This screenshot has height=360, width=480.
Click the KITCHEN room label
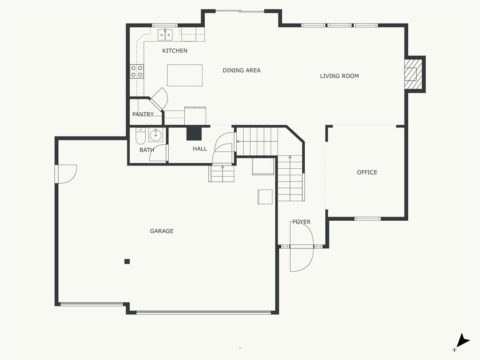tap(174, 51)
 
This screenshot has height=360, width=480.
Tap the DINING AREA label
tap(241, 70)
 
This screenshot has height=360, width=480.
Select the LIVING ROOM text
tap(339, 76)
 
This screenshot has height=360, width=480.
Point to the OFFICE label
tap(367, 172)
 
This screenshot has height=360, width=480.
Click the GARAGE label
tap(162, 231)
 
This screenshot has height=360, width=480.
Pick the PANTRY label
tap(143, 114)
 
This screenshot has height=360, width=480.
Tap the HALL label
tap(200, 149)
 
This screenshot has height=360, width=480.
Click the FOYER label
tap(301, 222)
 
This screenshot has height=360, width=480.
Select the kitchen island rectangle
tap(185, 75)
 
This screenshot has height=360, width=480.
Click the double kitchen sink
tap(165, 35)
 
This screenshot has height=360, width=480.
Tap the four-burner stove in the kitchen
tap(137, 71)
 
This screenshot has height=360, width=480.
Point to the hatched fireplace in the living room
tap(413, 74)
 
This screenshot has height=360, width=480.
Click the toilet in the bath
tap(141, 136)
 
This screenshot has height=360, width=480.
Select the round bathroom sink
tap(156, 135)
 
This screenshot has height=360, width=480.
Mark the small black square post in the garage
tap(127, 262)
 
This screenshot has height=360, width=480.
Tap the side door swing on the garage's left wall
tap(66, 174)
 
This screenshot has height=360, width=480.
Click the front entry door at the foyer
tap(301, 246)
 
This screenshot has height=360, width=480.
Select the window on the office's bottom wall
tap(367, 218)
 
